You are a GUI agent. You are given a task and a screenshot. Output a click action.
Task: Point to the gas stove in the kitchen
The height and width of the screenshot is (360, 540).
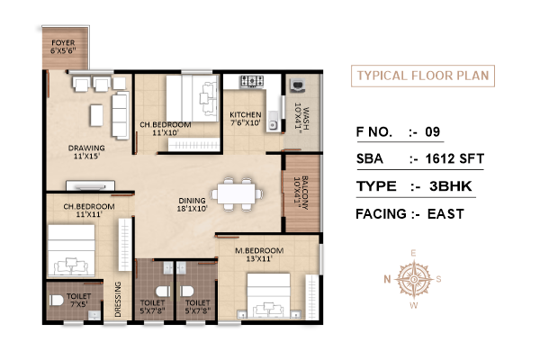252,81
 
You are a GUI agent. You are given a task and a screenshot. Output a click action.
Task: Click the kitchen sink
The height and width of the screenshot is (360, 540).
273,121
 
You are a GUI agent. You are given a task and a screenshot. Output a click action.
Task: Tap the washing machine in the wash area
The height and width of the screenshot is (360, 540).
298,85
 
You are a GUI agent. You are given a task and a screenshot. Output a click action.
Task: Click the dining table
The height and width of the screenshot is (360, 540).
237,194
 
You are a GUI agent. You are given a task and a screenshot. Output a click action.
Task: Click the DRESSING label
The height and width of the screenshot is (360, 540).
118,299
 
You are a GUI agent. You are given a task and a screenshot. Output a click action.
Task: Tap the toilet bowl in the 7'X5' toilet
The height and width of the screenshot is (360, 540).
56,300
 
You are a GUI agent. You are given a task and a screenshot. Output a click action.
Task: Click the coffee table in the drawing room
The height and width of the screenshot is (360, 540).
97,115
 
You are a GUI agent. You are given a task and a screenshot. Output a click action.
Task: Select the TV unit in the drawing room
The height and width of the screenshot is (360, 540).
91,185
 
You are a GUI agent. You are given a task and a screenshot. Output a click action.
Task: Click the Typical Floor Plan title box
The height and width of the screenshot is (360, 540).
423,76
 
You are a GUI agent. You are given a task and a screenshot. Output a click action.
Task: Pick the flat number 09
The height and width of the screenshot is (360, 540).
433,132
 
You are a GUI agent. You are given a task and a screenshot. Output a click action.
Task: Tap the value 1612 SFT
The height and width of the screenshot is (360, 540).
454,158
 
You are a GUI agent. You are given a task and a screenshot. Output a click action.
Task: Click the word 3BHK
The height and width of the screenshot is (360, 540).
451,186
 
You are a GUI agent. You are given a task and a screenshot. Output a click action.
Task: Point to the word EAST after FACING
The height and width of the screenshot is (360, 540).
445,214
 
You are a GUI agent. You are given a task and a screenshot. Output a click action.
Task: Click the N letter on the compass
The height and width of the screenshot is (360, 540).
387,279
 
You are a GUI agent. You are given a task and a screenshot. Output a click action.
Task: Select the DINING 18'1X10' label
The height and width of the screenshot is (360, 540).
192,204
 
